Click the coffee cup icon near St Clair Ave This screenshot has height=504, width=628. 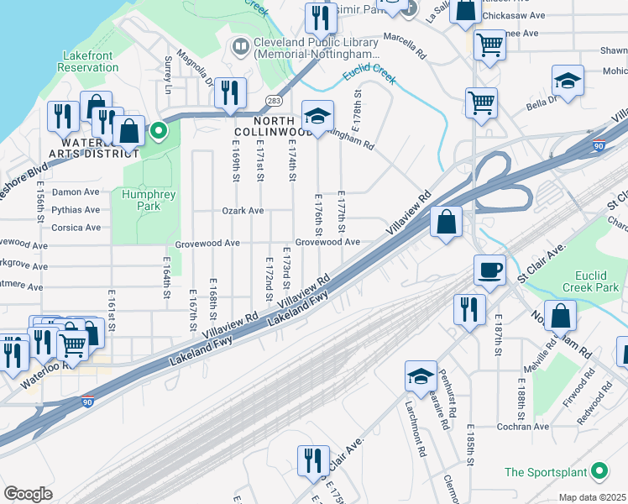[489, 270]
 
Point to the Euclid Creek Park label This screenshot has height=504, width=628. [584, 281]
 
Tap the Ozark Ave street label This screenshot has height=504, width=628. [243, 211]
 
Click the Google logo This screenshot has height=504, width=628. [28, 494]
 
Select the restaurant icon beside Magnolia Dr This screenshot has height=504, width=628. [229, 93]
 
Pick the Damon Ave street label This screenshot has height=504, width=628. [76, 192]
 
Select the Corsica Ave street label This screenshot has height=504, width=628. [76, 228]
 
